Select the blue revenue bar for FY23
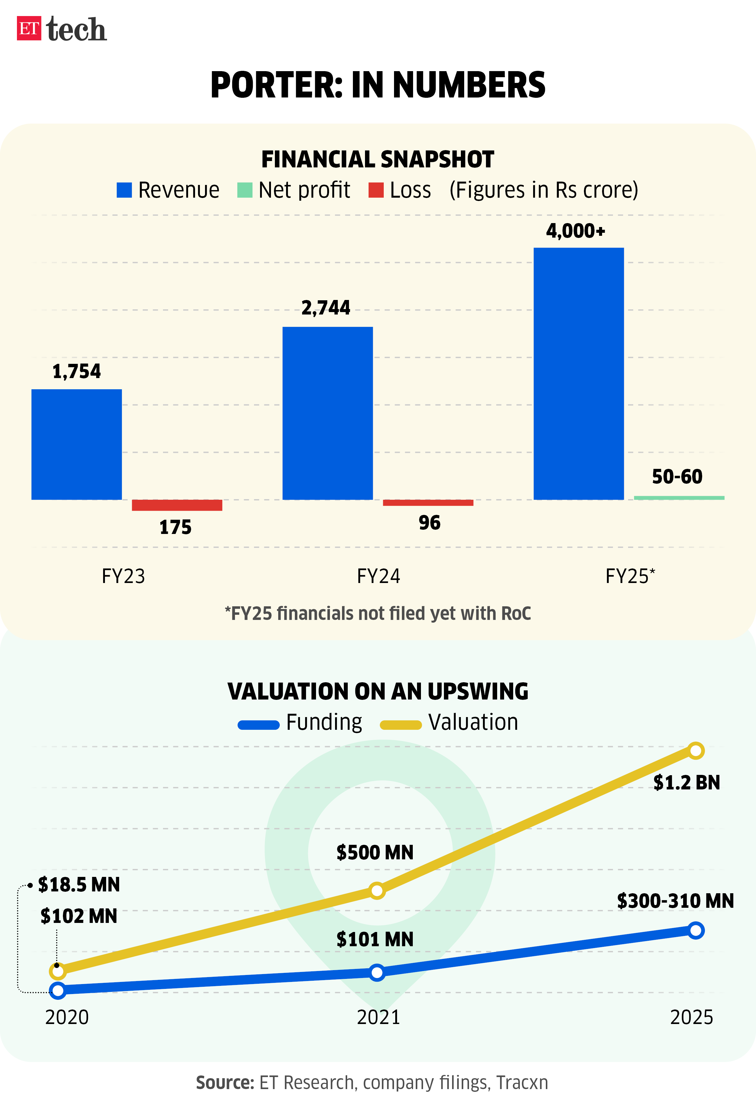[77, 444]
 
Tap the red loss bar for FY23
[177, 505]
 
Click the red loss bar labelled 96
[428, 502]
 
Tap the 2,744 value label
[326, 308]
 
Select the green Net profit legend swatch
[245, 190]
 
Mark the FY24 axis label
[379, 576]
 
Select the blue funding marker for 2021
[377, 972]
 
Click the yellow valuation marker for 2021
[377, 891]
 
